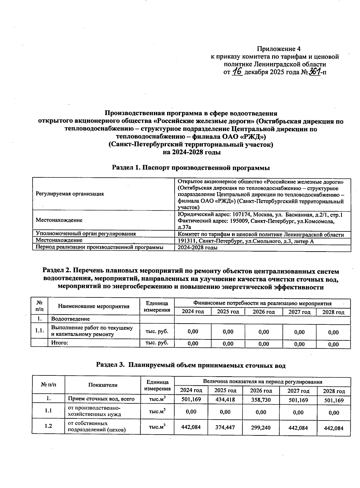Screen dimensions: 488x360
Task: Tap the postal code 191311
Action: (x=186, y=241)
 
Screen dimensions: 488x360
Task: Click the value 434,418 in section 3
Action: (x=225, y=399)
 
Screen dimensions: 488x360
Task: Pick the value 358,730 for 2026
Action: (x=261, y=400)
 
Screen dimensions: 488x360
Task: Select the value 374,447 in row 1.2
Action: (x=225, y=427)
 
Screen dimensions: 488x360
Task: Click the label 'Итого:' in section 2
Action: (x=60, y=342)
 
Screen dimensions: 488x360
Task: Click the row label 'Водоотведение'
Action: (x=70, y=319)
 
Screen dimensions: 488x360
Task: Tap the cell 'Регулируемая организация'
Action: (x=70, y=194)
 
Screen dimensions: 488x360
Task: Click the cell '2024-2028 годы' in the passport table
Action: (x=197, y=248)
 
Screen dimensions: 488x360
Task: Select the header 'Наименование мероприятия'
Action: (x=94, y=306)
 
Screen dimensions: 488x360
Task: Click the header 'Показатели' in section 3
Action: (x=103, y=385)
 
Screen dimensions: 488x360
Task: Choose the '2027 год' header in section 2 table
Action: (x=299, y=312)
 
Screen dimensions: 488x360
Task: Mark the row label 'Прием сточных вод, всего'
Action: (x=101, y=399)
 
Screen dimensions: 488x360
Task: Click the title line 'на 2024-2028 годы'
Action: (x=191, y=152)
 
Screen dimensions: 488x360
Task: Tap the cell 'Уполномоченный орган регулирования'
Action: (x=85, y=233)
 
